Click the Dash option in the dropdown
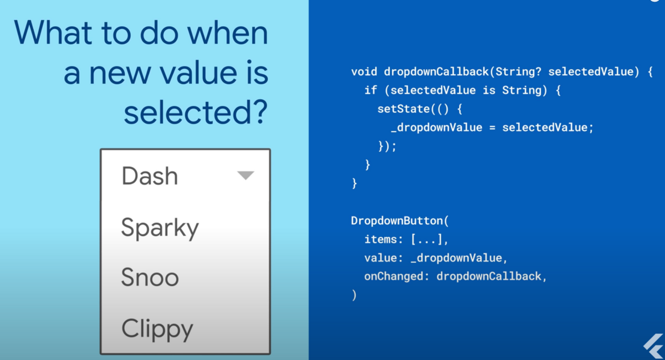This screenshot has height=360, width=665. point(150,176)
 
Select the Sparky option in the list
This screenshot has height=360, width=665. point(160,228)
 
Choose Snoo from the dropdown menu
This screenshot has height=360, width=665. point(150,277)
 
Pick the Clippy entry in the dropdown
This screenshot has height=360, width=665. point(157,329)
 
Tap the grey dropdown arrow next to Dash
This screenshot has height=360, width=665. point(245,175)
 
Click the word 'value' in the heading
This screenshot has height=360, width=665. point(198,73)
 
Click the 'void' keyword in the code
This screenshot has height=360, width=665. point(364,72)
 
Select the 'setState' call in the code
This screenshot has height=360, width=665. point(403,109)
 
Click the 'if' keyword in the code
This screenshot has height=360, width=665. point(371,90)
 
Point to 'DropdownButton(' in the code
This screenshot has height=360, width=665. point(400,221)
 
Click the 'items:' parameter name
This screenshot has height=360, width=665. point(383,239)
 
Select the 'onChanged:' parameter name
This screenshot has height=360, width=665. point(397,276)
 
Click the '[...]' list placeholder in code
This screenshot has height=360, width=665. point(427,239)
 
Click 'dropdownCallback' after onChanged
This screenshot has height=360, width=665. point(489,276)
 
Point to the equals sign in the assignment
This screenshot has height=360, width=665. point(492,128)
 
